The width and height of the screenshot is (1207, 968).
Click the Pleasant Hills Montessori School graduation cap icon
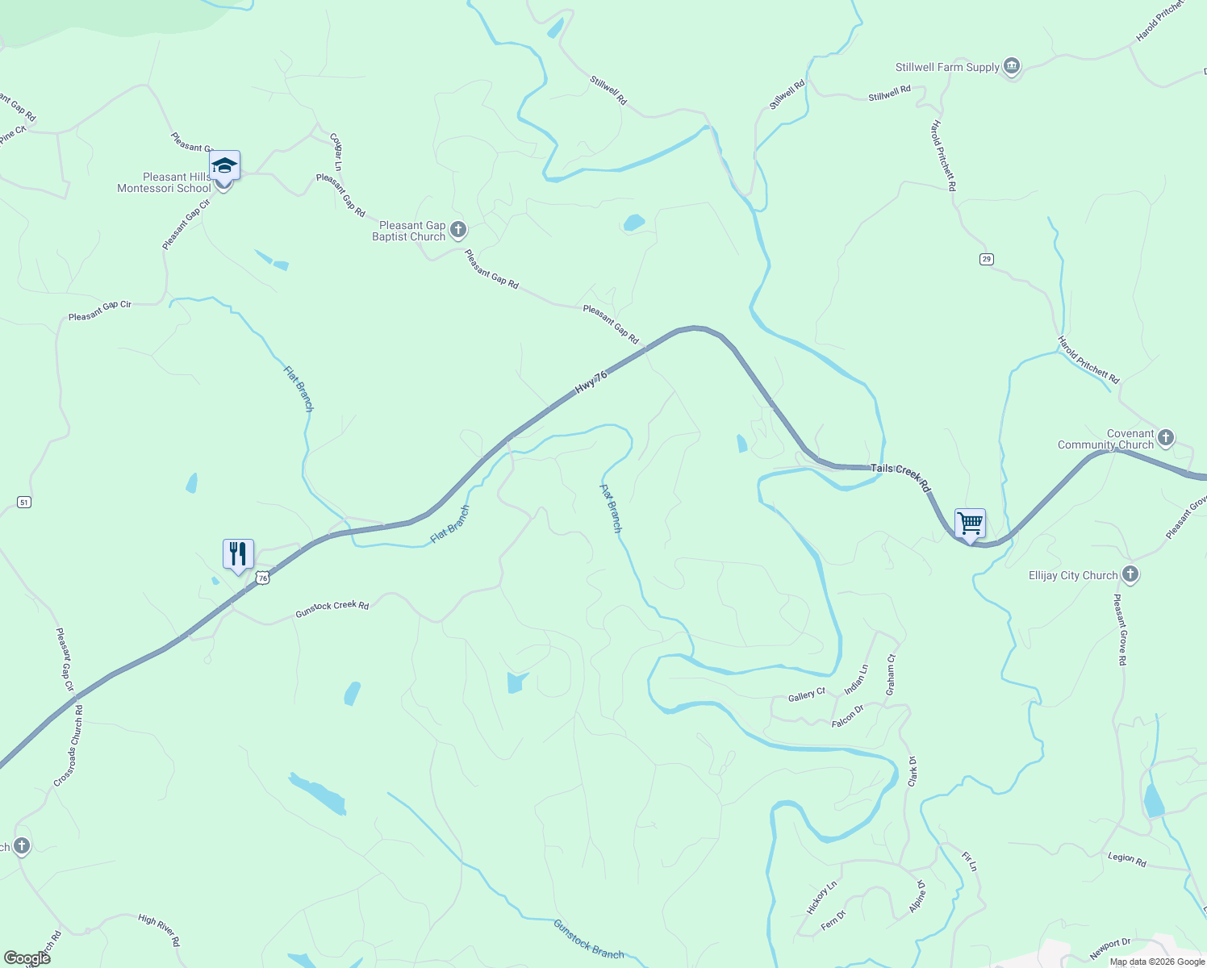224,167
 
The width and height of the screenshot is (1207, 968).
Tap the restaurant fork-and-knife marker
238,554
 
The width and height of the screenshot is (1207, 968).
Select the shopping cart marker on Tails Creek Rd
970,523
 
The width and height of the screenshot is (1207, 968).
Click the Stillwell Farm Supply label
947,68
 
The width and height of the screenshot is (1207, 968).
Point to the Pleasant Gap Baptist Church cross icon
458,231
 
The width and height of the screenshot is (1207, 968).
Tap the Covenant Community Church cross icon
1165,438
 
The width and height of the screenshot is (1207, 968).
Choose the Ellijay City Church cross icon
1130,574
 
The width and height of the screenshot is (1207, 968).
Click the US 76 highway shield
262,578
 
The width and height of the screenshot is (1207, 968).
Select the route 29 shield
987,259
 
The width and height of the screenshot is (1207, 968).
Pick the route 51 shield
24,503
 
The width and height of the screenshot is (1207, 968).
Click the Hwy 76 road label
591,382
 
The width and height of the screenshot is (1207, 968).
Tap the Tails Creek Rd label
900,477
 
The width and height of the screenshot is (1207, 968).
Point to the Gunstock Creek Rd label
332,609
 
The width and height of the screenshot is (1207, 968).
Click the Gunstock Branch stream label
588,939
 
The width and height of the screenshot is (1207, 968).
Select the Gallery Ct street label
806,695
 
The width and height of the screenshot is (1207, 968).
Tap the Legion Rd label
1126,859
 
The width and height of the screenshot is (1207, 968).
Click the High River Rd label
159,929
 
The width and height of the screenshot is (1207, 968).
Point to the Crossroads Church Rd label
69,746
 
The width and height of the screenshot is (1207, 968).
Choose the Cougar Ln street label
337,152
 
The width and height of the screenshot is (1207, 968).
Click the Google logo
27,958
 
